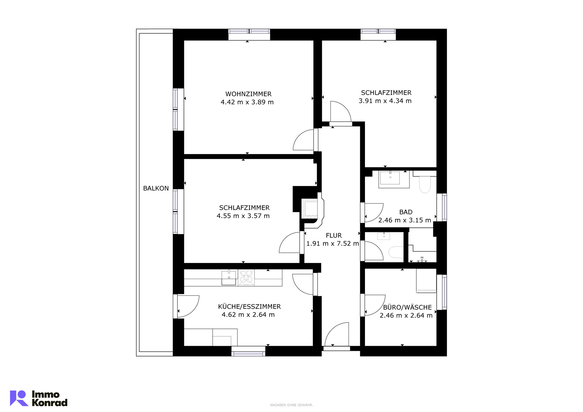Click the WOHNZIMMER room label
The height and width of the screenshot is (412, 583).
tap(248, 94)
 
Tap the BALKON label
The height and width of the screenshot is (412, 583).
tap(156, 188)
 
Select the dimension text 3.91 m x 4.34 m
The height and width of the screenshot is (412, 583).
tap(385, 101)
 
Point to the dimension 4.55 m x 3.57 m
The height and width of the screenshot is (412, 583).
tap(243, 216)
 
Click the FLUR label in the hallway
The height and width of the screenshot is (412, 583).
tap(334, 235)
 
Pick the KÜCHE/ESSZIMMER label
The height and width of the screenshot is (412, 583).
tap(249, 307)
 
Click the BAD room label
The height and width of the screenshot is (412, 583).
tap(406, 212)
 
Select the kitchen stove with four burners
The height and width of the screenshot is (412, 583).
tap(246, 278)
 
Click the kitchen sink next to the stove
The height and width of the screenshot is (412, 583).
tap(229, 278)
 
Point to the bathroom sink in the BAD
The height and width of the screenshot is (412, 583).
tap(390, 178)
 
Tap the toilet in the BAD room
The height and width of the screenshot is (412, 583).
tap(425, 183)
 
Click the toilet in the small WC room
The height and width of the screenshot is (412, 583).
tap(396, 252)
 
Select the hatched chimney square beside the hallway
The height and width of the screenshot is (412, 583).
tap(309, 208)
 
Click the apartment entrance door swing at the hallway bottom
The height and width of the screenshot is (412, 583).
tap(337, 334)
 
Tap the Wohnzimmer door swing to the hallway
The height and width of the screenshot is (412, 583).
tap(303, 140)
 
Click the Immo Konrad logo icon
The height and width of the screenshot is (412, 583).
tap(19, 398)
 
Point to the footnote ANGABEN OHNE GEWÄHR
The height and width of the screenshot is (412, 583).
tap(291, 405)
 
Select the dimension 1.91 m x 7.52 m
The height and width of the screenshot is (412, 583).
tap(332, 243)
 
